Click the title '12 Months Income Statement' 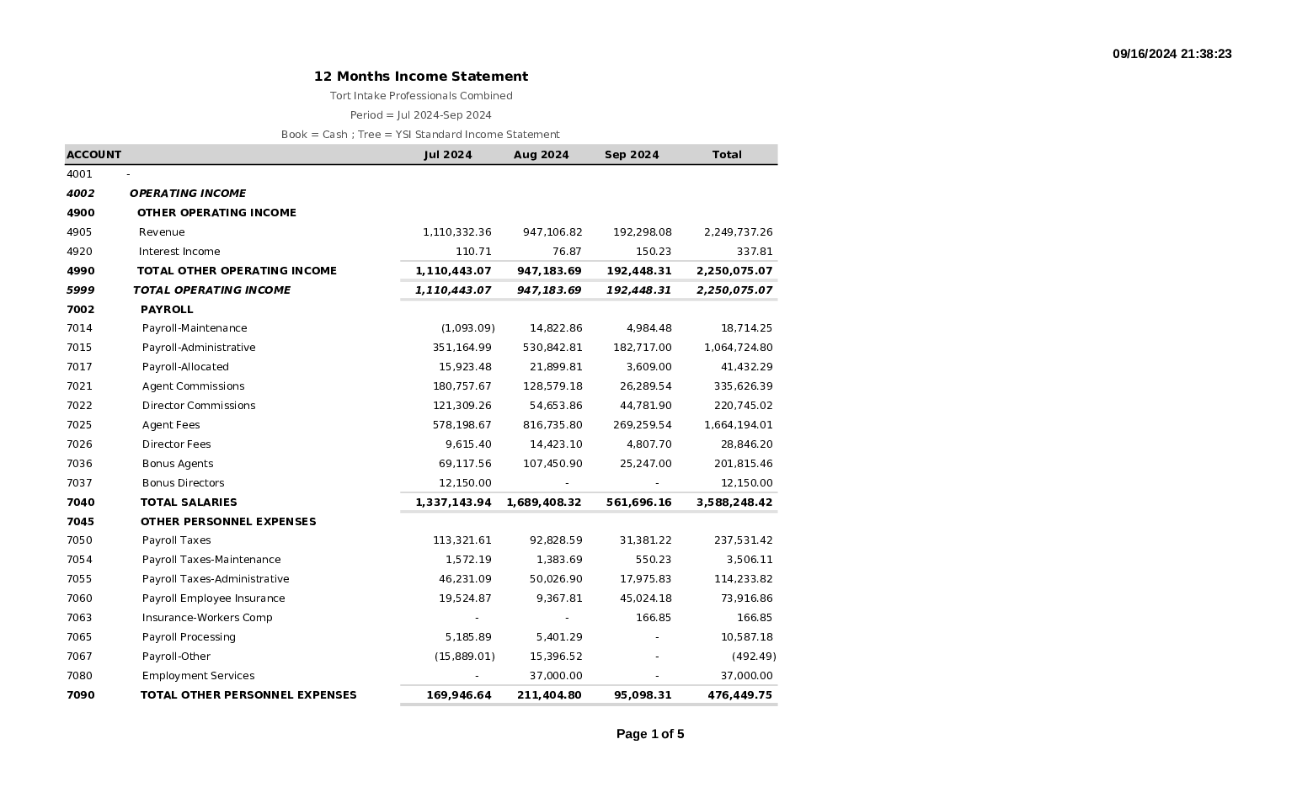pos(421,77)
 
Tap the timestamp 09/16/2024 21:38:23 pos(1172,54)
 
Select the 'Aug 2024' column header pos(541,155)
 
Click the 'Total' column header pos(726,155)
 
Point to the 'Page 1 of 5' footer pos(649,734)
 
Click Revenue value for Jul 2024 pos(456,232)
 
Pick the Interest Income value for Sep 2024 pos(653,252)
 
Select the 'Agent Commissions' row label pos(193,386)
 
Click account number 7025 pos(79,425)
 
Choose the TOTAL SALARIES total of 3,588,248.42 pos(734,503)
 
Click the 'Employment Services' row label pos(198,676)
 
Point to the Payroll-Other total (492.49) pos(753,657)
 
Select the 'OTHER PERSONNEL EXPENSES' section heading pos(227,522)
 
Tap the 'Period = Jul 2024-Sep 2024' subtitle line pos(420,115)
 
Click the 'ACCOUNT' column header pos(93,155)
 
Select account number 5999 pos(80,290)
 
